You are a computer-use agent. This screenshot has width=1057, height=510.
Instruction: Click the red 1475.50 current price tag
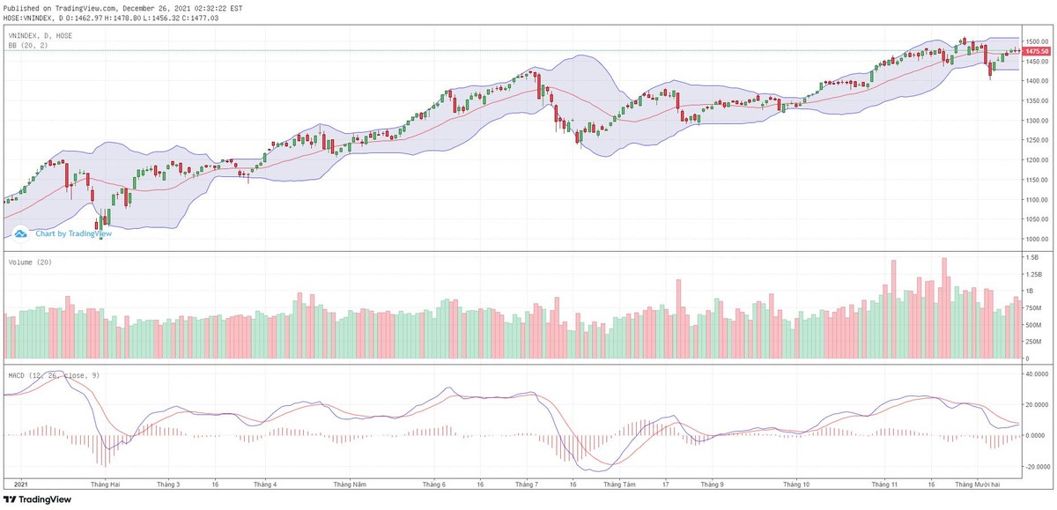1035,51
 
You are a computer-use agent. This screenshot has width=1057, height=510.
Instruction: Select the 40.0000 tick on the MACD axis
1037,373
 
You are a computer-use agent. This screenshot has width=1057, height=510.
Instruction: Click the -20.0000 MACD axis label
1037,467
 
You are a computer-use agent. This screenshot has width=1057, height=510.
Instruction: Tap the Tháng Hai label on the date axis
105,484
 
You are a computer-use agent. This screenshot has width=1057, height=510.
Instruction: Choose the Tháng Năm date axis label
349,484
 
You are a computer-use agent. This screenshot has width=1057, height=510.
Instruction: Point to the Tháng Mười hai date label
979,484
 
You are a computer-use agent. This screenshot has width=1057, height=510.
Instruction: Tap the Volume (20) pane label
29,262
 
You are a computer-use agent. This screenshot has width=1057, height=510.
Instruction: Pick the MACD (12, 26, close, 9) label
54,375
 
